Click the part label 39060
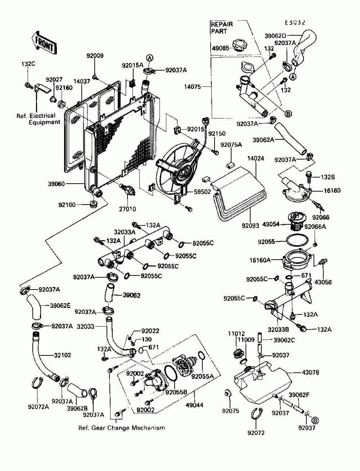tap(57, 184)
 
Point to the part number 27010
tap(128, 208)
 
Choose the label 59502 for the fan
tap(202, 192)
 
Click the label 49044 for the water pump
tap(195, 405)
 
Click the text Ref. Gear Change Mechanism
tap(122, 428)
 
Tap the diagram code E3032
tap(295, 22)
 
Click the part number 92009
tap(95, 56)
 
